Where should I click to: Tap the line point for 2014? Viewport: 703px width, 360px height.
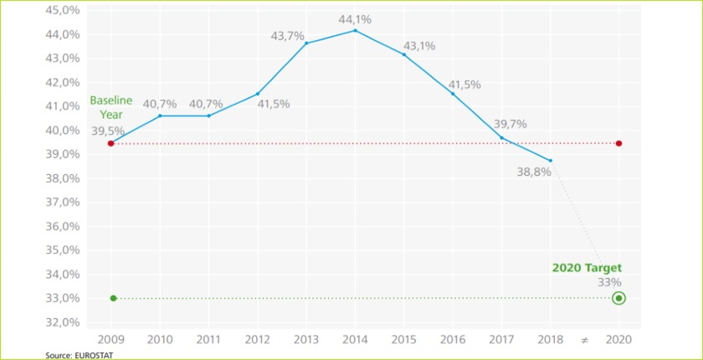(x=355, y=31)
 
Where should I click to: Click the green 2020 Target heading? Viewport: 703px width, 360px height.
(x=587, y=268)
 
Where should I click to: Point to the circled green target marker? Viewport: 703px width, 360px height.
(x=618, y=298)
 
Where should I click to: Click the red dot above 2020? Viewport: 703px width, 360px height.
(x=618, y=143)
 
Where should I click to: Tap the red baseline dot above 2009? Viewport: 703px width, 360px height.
(x=111, y=143)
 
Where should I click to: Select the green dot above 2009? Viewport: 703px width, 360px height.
(x=113, y=298)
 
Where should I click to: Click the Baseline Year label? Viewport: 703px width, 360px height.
(x=111, y=107)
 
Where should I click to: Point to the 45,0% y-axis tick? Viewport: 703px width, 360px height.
(x=63, y=10)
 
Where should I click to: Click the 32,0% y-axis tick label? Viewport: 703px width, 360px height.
(x=63, y=322)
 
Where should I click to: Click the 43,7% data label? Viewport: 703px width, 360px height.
(x=287, y=36)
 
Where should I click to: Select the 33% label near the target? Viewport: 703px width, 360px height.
(x=609, y=282)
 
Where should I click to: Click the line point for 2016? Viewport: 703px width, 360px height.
(x=453, y=94)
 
